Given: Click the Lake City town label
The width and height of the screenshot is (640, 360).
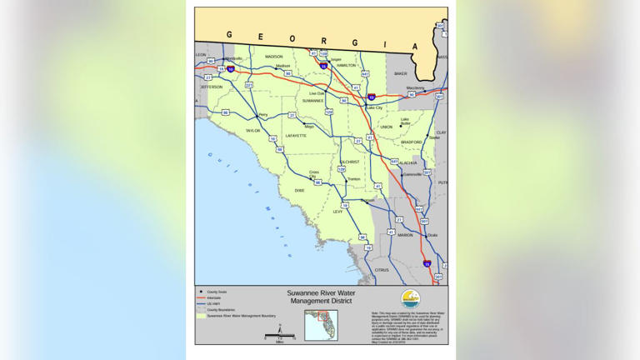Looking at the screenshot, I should [x=374, y=107].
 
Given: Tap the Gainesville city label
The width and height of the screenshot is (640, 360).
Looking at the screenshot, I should [x=412, y=174].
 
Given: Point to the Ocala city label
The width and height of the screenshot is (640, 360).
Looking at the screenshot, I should [x=432, y=235].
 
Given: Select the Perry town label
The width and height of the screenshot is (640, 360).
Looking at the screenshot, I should [x=263, y=115].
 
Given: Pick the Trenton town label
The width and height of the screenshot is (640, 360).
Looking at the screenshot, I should [x=353, y=179].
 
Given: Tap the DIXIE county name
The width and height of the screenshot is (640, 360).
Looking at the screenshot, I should [x=299, y=191].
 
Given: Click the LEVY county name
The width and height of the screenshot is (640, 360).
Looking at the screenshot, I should [x=337, y=212].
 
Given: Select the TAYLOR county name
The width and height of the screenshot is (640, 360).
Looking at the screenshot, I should [x=252, y=131].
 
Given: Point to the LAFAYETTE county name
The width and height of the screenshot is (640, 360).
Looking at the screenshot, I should [x=296, y=135].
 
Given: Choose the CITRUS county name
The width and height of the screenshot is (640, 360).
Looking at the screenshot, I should [x=382, y=270].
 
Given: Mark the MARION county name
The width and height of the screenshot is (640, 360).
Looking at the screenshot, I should [x=405, y=235].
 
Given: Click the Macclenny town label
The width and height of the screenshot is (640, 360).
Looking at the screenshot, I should [x=415, y=87].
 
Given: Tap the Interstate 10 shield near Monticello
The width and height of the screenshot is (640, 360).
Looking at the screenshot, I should [x=230, y=70].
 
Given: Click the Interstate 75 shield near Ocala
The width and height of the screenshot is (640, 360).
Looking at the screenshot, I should [x=427, y=264].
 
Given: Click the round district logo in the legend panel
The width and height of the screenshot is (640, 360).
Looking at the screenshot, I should [x=410, y=298].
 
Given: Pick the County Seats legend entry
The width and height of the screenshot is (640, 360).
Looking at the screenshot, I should [x=216, y=292].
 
